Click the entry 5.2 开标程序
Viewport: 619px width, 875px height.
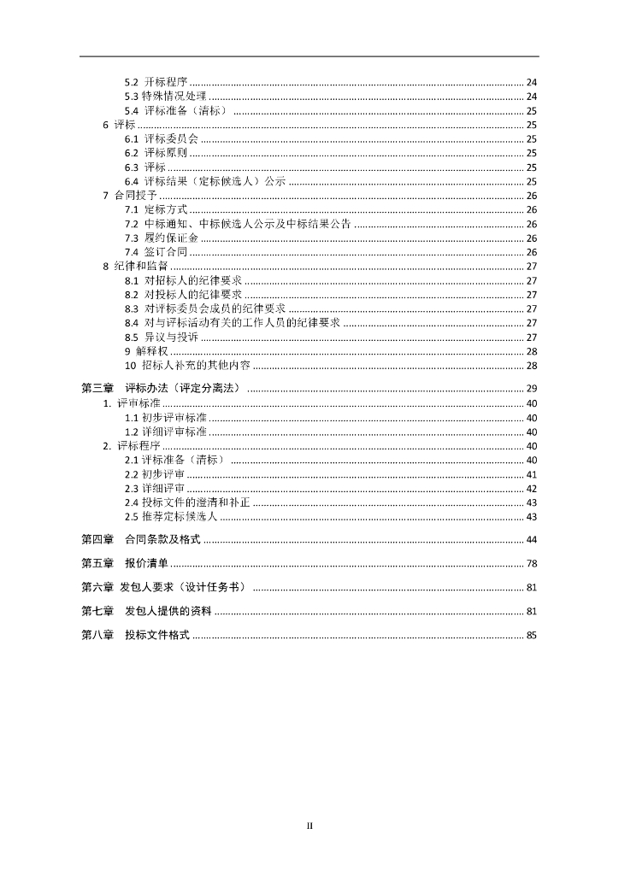click(156, 82)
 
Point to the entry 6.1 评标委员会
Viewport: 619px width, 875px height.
click(162, 139)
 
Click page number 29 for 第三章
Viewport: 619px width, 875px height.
click(531, 390)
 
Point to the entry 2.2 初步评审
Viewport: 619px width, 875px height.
click(155, 474)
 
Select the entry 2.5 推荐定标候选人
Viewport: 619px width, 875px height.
click(172, 517)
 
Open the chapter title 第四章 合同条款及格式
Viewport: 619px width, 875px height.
click(140, 539)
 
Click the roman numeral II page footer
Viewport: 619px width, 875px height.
click(310, 825)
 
